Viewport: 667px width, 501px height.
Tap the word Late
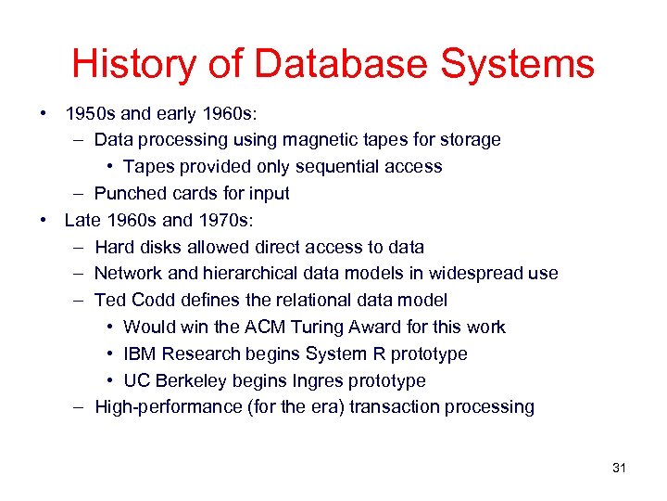[82, 221]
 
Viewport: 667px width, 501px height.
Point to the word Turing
[323, 327]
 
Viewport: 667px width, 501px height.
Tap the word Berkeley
[193, 380]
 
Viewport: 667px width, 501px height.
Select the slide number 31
[619, 468]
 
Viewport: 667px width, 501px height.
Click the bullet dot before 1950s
[44, 114]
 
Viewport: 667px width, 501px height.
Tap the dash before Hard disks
[78, 248]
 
